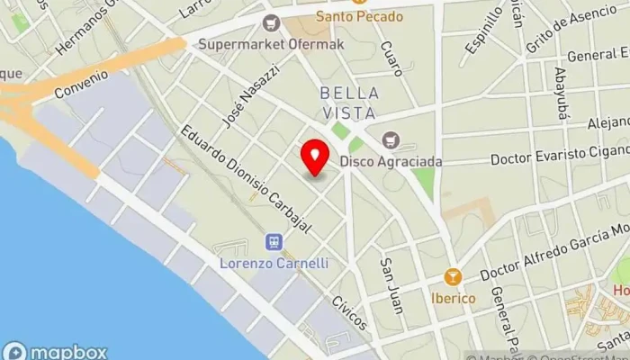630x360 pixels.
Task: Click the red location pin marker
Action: pyautogui.click(x=315, y=157)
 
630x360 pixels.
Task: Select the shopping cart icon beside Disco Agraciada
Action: pyautogui.click(x=390, y=139)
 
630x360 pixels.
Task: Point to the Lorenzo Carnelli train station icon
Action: pyautogui.click(x=274, y=241)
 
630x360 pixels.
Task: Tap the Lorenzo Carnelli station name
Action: pyautogui.click(x=274, y=263)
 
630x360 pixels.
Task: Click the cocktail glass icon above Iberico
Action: pyautogui.click(x=455, y=277)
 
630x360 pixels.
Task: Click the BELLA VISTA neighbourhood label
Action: pyautogui.click(x=348, y=103)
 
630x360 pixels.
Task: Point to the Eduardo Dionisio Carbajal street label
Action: pyautogui.click(x=245, y=179)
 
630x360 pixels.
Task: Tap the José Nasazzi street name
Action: pyautogui.click(x=252, y=94)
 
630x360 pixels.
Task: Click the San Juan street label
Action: pyautogui.click(x=390, y=286)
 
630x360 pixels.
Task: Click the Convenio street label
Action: pyautogui.click(x=80, y=84)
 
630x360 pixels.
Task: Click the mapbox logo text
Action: pyautogui.click(x=67, y=352)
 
